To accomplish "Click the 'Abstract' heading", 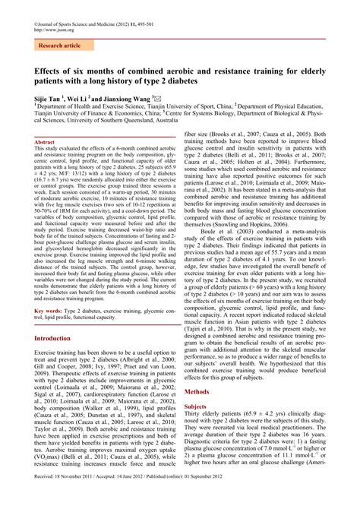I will click(45, 142).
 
